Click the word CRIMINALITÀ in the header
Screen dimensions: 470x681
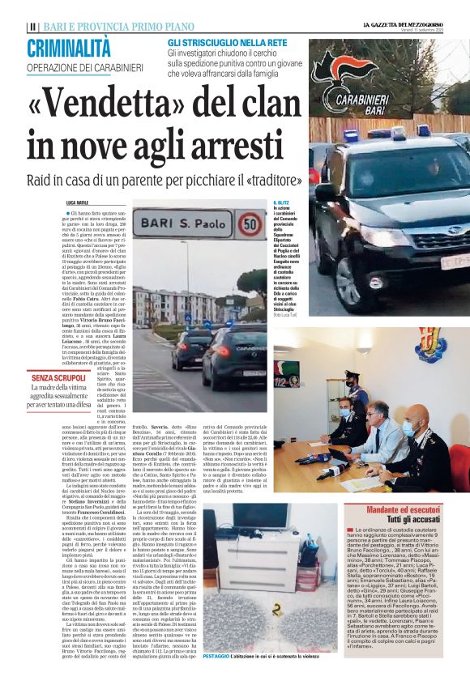pos(69,49)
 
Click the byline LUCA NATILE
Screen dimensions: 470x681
pos(78,202)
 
